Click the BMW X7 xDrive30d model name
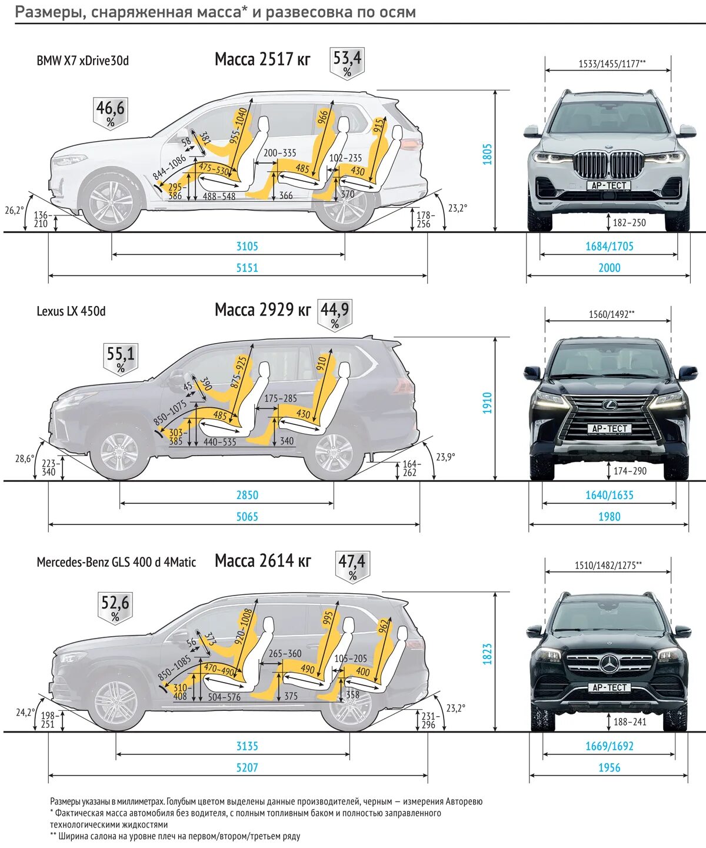[x=82, y=61]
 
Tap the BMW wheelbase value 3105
[x=247, y=247]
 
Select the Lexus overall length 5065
[x=247, y=517]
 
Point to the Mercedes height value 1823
[x=487, y=654]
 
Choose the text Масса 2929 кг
[x=262, y=310]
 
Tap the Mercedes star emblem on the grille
[x=610, y=664]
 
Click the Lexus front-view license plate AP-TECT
[x=610, y=428]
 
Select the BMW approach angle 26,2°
[x=15, y=210]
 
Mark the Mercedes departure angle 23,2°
[x=455, y=708]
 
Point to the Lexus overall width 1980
[x=610, y=517]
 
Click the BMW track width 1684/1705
[x=610, y=247]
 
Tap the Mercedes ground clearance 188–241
[x=630, y=722]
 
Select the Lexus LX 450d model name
[x=71, y=311]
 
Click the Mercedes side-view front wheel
[x=115, y=703]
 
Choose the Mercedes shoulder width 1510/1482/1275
[x=608, y=566]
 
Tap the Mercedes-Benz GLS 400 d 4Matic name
[x=116, y=562]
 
